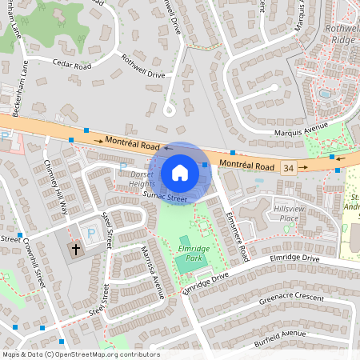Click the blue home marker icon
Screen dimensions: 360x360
[x=180, y=173]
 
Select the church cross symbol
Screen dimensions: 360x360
[x=77, y=250]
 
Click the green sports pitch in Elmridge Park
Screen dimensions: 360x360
[x=186, y=241]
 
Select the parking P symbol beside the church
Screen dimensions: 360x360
[x=90, y=234]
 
